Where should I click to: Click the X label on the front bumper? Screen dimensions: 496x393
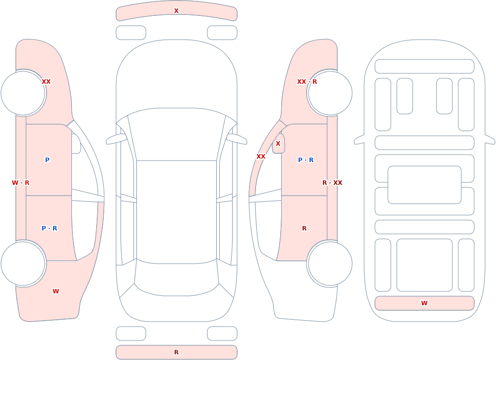click(176, 11)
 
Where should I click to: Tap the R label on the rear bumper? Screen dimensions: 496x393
click(176, 352)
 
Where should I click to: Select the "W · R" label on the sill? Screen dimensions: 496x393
click(20, 183)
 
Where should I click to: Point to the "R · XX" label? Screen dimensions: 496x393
click(332, 183)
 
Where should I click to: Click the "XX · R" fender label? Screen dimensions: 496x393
click(307, 82)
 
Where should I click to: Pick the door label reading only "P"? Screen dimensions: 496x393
click(47, 160)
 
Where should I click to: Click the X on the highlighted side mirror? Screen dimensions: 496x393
click(278, 144)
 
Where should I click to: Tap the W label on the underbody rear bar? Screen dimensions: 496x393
click(424, 303)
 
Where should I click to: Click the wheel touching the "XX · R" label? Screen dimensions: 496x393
click(330, 93)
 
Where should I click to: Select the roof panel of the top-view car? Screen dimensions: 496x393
click(177, 212)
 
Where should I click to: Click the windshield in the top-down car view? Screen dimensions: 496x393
click(177, 134)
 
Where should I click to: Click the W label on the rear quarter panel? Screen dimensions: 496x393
click(56, 291)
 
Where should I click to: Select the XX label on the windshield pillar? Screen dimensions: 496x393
click(261, 157)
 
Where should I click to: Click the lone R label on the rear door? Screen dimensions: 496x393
click(305, 228)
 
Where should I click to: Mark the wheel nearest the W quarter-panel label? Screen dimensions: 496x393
click(23, 263)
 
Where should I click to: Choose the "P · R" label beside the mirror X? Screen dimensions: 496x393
click(306, 160)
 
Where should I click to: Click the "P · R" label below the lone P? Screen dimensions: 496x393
click(49, 228)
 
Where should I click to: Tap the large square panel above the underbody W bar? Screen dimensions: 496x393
click(425, 265)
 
